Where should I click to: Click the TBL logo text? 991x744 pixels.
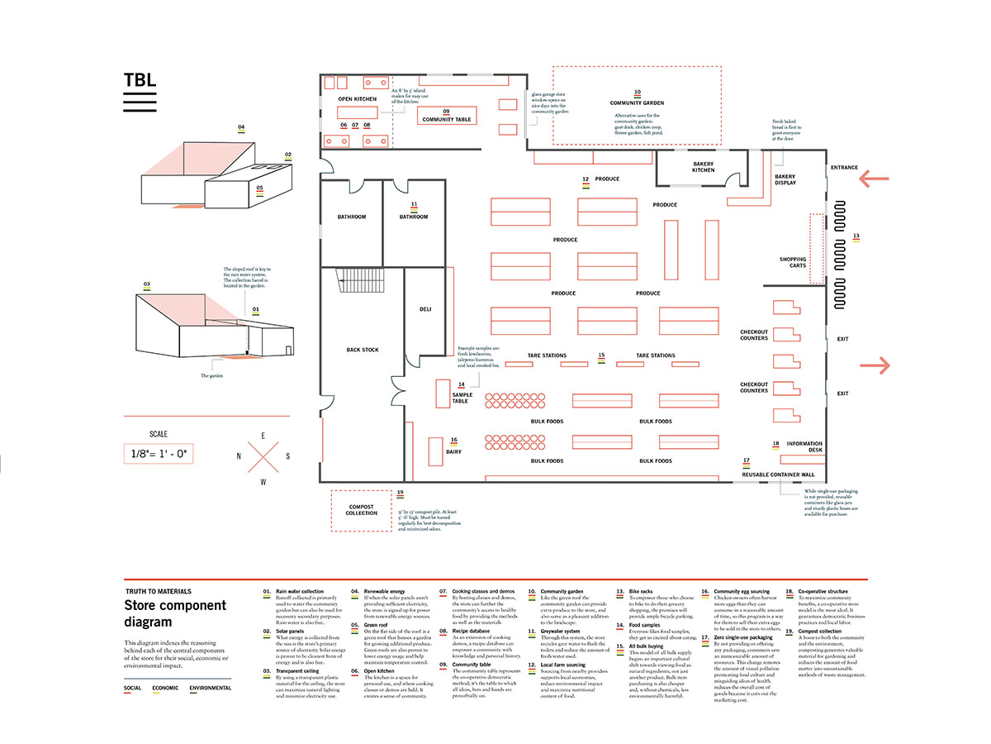(139, 80)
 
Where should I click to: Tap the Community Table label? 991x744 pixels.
(446, 120)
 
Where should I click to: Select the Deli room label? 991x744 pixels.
(425, 309)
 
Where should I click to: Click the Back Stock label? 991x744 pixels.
(363, 350)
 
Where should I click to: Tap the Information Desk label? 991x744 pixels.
(804, 447)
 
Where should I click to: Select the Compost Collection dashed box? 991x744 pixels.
(361, 510)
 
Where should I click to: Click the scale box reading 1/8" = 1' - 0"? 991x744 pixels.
(159, 453)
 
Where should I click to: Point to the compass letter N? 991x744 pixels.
(239, 455)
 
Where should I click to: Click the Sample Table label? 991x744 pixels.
(462, 398)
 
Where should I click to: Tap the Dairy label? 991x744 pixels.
(453, 451)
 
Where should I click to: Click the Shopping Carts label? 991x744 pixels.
(793, 263)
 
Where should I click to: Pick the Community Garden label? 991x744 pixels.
(637, 103)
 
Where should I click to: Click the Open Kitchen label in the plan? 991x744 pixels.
(357, 99)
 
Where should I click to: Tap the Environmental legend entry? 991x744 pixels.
(210, 688)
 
